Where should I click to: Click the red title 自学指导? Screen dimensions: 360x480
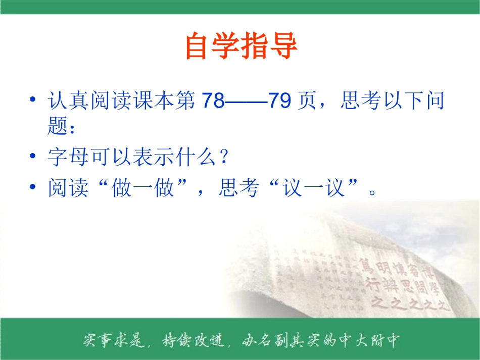(241, 46)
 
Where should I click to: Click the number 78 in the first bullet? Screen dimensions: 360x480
(213, 101)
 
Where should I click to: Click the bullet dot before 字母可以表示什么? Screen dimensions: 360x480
(33, 158)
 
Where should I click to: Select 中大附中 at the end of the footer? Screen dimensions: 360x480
(371, 340)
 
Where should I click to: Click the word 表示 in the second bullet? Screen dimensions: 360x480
(154, 158)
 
